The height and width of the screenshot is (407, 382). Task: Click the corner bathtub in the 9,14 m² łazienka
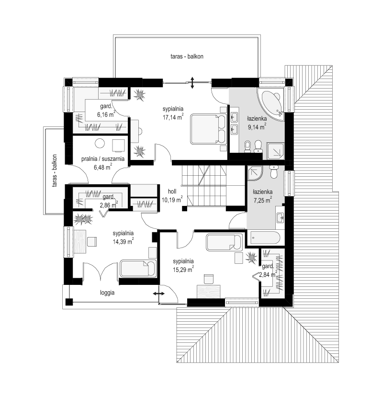(271, 104)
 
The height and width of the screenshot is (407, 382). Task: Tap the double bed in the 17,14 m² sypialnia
(208, 129)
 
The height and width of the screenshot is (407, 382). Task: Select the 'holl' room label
(172, 192)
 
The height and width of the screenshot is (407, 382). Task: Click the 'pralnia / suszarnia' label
(103, 159)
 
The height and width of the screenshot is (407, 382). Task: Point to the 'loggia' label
(107, 293)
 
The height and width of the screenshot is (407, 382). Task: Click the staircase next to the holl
(204, 186)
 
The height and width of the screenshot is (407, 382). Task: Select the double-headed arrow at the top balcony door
(192, 82)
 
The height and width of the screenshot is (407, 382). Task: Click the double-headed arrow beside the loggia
(158, 294)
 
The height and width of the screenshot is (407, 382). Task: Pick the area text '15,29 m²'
(183, 269)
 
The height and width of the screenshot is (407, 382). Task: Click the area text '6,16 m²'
(106, 114)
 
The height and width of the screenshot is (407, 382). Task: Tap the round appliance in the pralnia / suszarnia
(100, 144)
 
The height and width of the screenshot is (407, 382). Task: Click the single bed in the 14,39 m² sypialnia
(138, 268)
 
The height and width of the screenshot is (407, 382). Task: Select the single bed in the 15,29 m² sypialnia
(224, 242)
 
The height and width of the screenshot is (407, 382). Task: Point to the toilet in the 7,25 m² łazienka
(273, 172)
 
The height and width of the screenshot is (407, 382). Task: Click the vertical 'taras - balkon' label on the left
(55, 171)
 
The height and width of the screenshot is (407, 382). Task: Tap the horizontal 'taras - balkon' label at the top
(187, 57)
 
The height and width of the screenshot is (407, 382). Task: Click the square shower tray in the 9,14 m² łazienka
(275, 151)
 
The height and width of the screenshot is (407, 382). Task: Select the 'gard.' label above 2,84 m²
(268, 266)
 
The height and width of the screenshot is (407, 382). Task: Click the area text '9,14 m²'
(257, 127)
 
